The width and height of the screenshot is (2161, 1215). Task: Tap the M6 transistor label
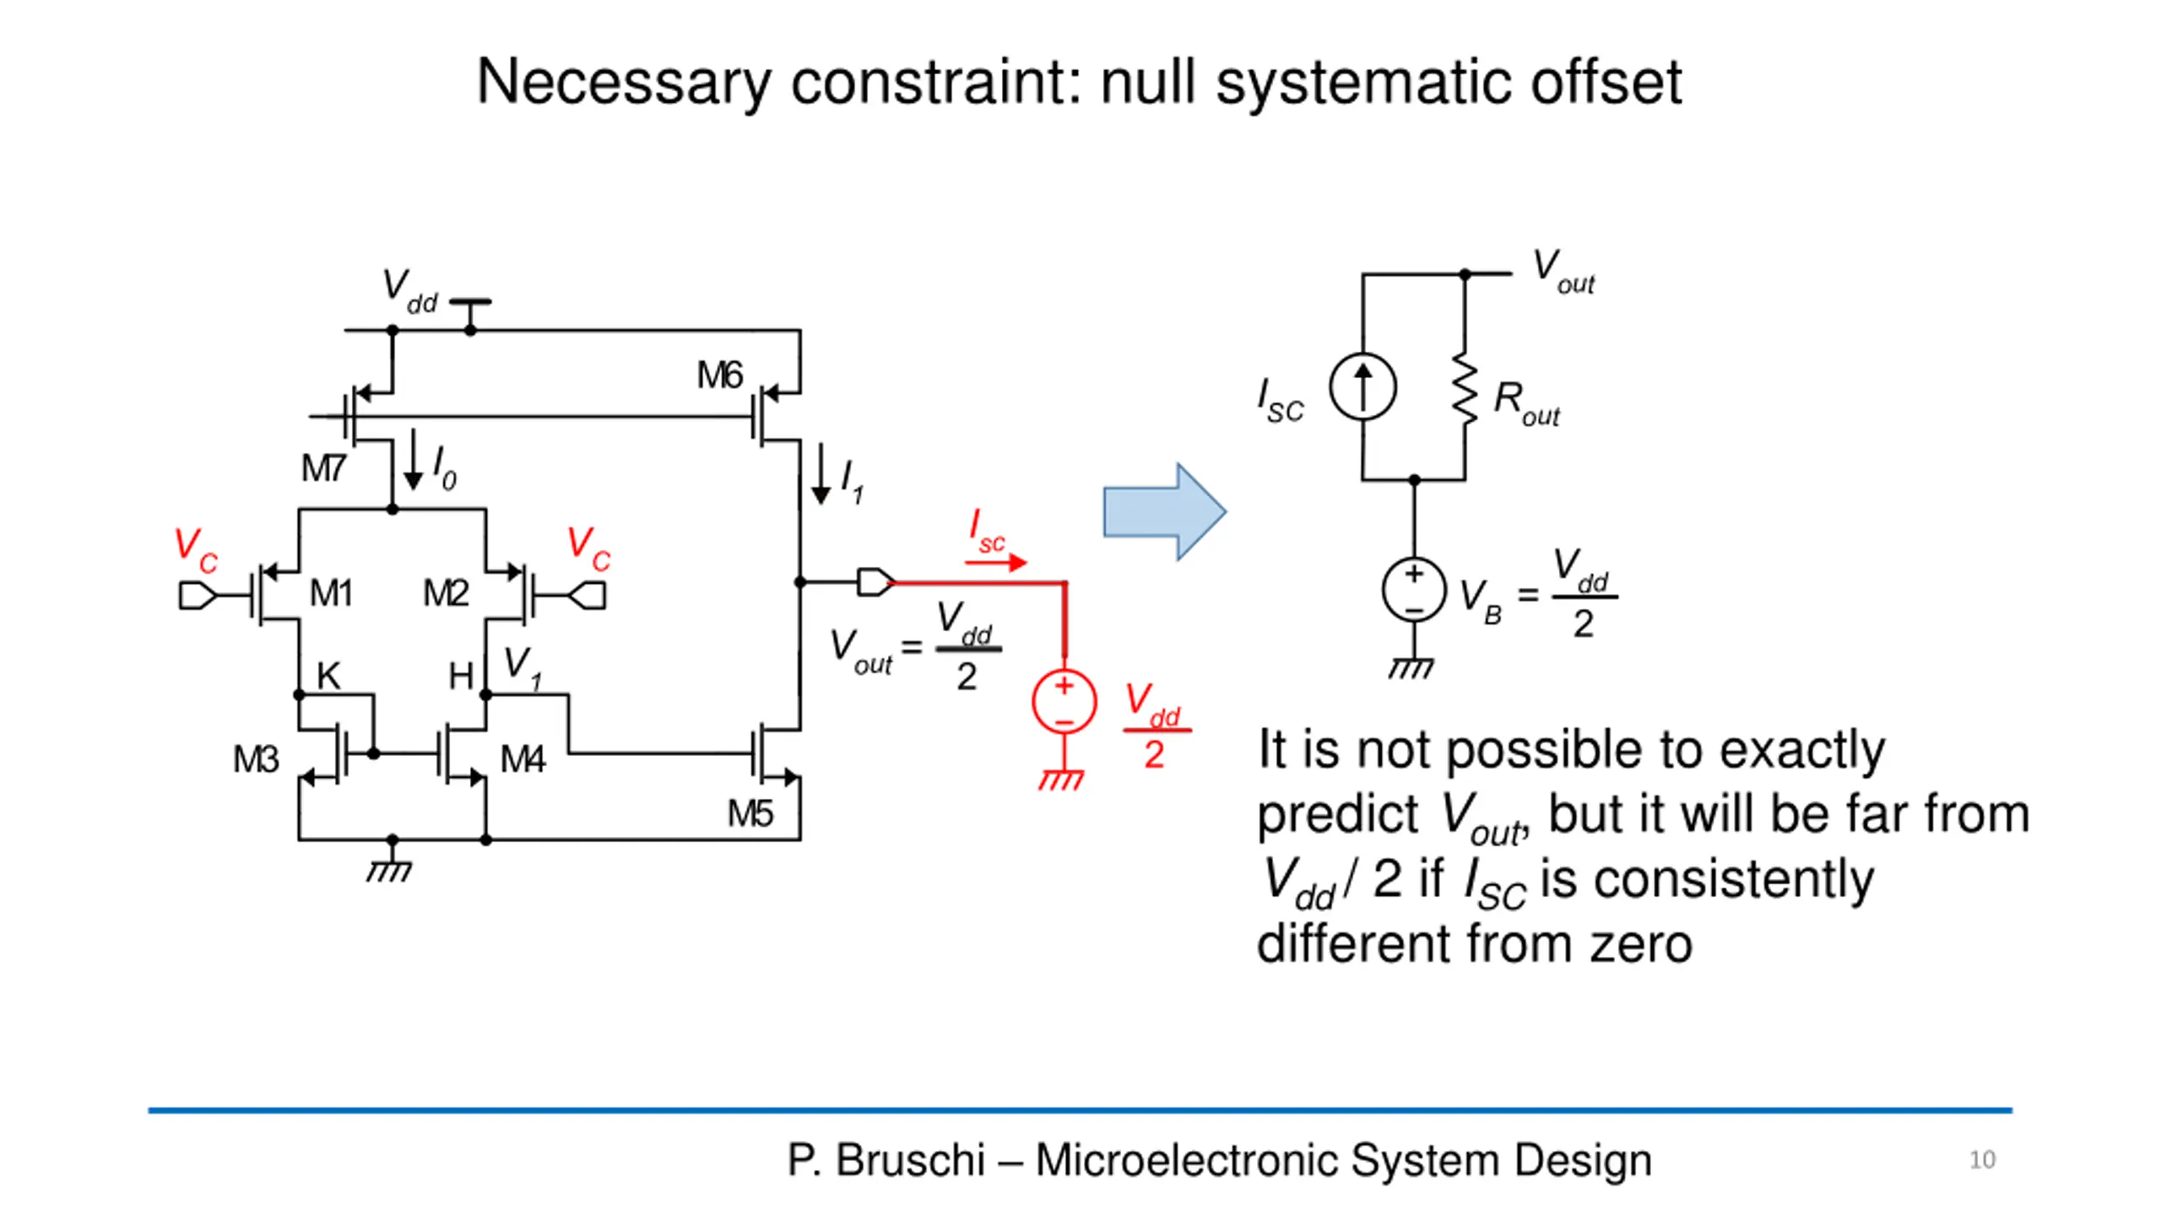tap(719, 375)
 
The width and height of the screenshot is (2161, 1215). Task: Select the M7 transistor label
tap(323, 468)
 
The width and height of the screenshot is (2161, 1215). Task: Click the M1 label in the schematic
tap(331, 593)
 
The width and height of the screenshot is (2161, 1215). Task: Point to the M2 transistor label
tap(446, 593)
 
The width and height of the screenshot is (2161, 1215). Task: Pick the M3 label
tap(256, 759)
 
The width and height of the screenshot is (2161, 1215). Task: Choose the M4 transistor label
tap(523, 759)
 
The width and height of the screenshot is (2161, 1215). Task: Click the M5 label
tap(750, 814)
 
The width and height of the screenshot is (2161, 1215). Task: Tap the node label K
tap(328, 676)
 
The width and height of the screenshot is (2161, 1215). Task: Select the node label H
tap(461, 676)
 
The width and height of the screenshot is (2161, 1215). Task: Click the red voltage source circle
tap(1064, 702)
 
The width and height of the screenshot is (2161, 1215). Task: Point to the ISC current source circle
tap(1362, 387)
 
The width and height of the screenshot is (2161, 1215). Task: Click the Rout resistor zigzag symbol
tap(1465, 388)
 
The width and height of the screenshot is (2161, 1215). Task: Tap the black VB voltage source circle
tap(1415, 590)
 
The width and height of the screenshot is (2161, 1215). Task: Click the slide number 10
tap(1982, 1160)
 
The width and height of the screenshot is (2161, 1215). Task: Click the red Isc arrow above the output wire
tap(996, 562)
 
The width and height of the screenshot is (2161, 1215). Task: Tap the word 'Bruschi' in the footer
tap(910, 1160)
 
